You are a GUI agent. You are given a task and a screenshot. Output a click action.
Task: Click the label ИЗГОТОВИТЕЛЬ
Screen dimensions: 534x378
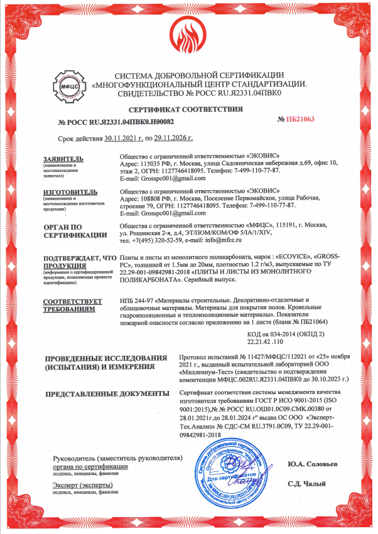coord(70,190)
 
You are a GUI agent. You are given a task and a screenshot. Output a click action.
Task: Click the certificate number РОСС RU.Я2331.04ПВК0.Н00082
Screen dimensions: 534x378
coord(116,121)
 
